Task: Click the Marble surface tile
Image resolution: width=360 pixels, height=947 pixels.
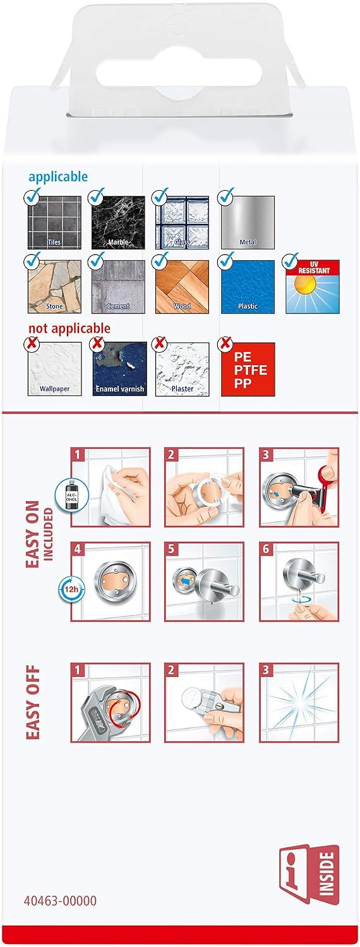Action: pyautogui.click(x=119, y=222)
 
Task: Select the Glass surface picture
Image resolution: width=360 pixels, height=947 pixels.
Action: pyautogui.click(x=183, y=222)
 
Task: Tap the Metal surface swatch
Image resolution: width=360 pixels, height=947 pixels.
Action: pyautogui.click(x=248, y=222)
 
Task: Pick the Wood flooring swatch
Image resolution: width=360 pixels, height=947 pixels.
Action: pyautogui.click(x=183, y=287)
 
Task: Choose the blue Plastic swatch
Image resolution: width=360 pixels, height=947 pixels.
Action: pyautogui.click(x=248, y=287)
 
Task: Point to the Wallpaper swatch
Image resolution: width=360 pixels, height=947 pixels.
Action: pyautogui.click(x=54, y=369)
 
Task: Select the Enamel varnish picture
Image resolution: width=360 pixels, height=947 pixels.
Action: pyautogui.click(x=120, y=369)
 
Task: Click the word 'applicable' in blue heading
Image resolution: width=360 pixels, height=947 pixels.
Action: pyautogui.click(x=58, y=176)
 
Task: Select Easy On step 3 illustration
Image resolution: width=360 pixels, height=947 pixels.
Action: pyautogui.click(x=299, y=487)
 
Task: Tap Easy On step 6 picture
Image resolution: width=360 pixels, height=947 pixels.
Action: pyautogui.click(x=299, y=581)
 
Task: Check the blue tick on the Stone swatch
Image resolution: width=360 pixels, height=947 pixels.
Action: pyautogui.click(x=33, y=259)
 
